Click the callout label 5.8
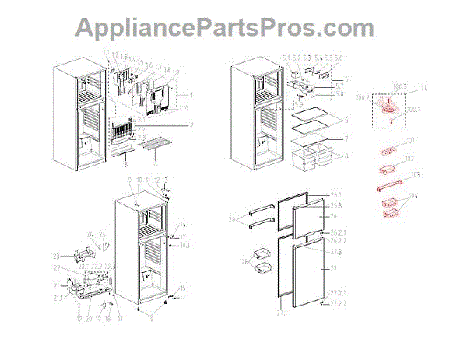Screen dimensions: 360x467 coord(338,93)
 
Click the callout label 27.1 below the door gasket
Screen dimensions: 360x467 coord(279,313)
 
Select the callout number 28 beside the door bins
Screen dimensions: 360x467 coord(246,263)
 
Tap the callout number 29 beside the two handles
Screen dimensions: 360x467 coord(231,221)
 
